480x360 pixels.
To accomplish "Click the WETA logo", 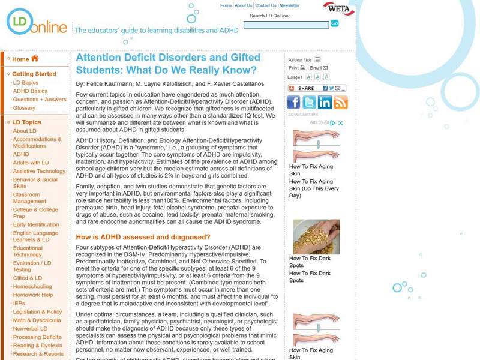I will click(x=338, y=9).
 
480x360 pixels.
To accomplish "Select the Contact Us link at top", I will click(x=266, y=6).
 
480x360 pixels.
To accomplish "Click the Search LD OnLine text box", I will click(x=286, y=25).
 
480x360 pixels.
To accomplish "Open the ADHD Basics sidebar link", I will click(x=30, y=91).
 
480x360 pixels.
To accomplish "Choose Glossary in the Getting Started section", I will click(x=24, y=108).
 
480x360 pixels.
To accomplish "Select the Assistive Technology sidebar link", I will click(x=39, y=171).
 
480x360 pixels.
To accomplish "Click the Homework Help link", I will click(x=33, y=295).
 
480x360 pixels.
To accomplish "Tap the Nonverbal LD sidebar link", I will click(x=30, y=329).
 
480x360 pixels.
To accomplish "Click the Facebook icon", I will click(x=293, y=103).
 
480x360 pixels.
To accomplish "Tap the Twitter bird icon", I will click(x=309, y=103).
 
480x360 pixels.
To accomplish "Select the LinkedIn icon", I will click(x=325, y=103).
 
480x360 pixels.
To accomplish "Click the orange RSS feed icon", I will click(x=340, y=103).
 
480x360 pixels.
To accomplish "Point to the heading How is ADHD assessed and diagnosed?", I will click(x=143, y=237).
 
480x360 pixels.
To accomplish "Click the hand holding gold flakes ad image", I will click(x=316, y=236).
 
